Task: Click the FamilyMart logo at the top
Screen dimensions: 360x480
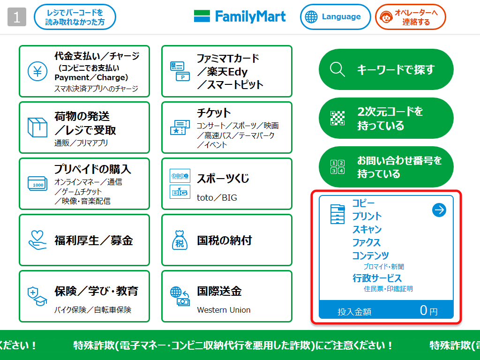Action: coord(240,17)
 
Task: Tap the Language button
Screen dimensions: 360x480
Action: coord(332,17)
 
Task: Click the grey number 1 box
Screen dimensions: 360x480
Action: coord(17,17)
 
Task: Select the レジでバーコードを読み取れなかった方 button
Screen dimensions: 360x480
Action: coord(75,17)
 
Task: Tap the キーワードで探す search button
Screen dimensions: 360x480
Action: coord(386,69)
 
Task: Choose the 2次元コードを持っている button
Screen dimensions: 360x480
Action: coord(386,118)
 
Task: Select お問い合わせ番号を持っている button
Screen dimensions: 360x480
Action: coord(386,167)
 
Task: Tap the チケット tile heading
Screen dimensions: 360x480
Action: coord(214,113)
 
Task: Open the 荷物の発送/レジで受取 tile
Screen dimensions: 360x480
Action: coord(84,127)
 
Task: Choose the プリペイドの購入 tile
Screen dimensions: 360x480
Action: coord(84,184)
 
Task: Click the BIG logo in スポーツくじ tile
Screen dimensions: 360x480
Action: coord(180,192)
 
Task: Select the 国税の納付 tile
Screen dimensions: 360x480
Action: coord(226,240)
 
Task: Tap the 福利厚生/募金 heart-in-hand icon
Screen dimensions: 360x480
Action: coord(37,240)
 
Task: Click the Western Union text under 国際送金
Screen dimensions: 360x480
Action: coord(224,310)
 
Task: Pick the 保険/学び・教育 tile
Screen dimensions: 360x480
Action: coord(84,296)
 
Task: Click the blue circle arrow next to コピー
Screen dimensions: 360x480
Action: coord(439,210)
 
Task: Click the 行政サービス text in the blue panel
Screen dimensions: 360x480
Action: coord(377,278)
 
